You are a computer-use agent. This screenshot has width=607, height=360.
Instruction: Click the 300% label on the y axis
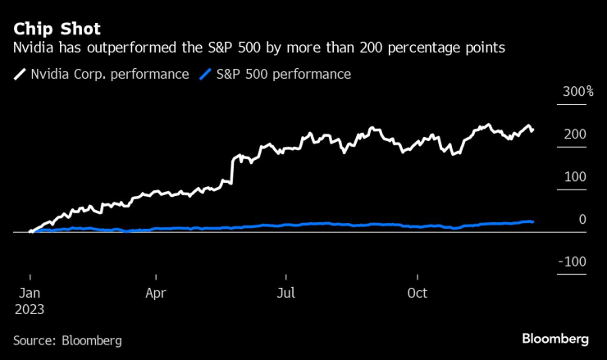tap(577, 91)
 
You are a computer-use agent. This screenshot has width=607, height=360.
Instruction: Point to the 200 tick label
tap(576, 134)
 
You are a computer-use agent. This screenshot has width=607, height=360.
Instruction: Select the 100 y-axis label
tap(576, 176)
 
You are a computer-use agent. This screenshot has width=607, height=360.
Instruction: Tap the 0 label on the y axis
tap(582, 219)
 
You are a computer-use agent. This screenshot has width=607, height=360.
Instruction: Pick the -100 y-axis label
tap(573, 262)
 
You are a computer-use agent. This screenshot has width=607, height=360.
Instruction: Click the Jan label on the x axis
tap(30, 292)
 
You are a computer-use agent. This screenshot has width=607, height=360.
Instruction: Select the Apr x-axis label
tap(157, 292)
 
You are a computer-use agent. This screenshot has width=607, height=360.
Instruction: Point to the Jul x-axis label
tap(285, 292)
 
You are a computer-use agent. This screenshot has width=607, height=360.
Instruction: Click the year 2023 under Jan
tap(30, 310)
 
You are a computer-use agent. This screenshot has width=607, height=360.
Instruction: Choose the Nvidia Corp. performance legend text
tap(109, 75)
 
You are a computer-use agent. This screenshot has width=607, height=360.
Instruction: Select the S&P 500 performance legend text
tap(284, 75)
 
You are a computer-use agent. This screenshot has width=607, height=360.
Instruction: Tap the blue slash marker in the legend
tap(205, 75)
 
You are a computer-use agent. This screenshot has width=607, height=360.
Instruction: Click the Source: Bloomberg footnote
tap(67, 339)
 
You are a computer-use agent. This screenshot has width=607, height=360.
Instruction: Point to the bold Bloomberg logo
tap(555, 339)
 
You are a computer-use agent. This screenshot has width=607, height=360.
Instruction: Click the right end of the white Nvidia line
tap(533, 130)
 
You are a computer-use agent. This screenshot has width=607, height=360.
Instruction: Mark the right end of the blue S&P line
tap(533, 221)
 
